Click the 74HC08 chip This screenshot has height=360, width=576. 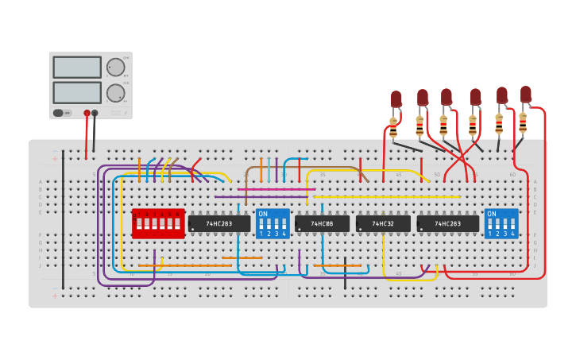point(322,224)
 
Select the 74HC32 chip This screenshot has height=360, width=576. point(383,224)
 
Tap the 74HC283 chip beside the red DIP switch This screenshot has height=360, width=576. point(219,224)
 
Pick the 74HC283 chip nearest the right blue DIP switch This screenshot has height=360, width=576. point(448,224)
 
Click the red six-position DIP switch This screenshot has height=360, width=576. point(158,224)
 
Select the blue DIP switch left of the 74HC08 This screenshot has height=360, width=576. point(273,224)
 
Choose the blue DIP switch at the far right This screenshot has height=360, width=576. point(501,224)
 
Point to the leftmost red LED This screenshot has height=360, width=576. point(396,99)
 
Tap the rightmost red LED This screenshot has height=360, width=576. point(526,94)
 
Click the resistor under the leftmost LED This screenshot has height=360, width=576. point(393,127)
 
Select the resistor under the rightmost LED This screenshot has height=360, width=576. point(523,122)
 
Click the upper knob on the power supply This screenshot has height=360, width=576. point(116,67)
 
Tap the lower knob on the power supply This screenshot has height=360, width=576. point(116,92)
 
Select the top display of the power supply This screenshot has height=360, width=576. point(77,67)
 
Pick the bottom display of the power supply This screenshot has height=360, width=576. point(77,92)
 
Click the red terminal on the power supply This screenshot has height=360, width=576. point(87,113)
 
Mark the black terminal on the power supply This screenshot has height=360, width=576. point(95,113)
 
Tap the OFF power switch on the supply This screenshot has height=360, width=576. point(60,113)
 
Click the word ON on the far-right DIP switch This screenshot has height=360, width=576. point(492,214)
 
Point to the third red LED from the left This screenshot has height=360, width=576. point(446,97)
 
